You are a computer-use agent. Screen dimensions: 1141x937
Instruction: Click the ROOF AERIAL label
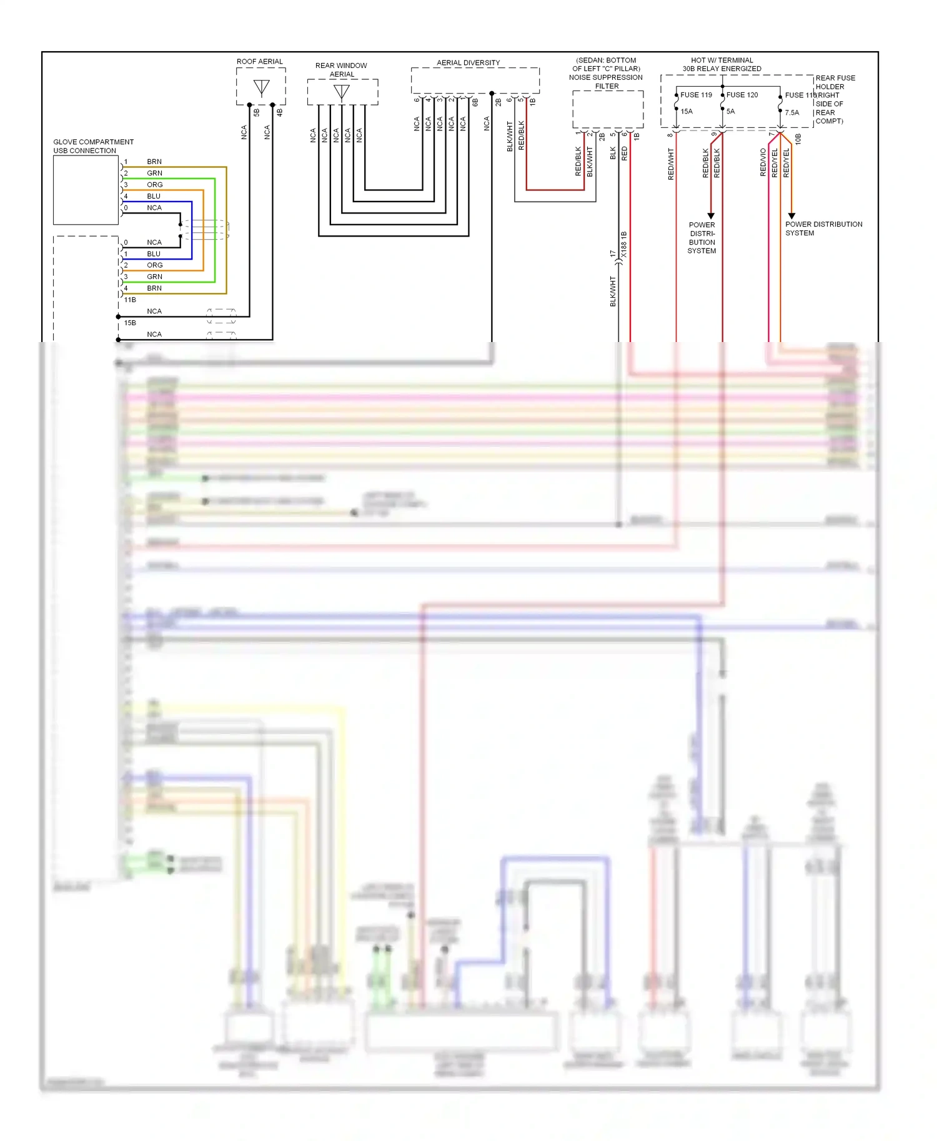point(259,61)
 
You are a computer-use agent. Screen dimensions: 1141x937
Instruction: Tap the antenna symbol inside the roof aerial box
point(262,87)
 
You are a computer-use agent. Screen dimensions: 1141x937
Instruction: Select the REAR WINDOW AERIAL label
point(341,70)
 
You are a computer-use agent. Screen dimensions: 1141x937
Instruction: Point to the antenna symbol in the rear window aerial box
point(341,92)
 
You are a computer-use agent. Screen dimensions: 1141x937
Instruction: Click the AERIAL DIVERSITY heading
point(468,62)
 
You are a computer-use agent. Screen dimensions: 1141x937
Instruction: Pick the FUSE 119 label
point(696,95)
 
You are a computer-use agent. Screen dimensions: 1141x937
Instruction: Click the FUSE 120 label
point(741,95)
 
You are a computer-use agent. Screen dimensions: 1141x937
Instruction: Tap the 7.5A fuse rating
point(791,113)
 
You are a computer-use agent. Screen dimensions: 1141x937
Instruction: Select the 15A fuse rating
point(687,112)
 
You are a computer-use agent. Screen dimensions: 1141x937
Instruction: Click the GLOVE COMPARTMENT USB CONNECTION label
point(93,146)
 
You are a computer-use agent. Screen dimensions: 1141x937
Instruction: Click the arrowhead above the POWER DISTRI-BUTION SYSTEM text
point(711,216)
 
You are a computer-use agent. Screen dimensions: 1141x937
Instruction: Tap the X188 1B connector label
point(624,245)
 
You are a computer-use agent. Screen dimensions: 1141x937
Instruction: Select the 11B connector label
point(130,300)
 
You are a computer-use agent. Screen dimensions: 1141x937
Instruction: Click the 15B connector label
point(130,323)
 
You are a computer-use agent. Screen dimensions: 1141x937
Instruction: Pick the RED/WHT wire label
point(671,164)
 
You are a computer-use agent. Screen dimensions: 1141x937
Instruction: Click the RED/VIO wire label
point(763,163)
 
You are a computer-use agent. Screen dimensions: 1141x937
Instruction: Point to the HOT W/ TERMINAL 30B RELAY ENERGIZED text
point(721,64)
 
